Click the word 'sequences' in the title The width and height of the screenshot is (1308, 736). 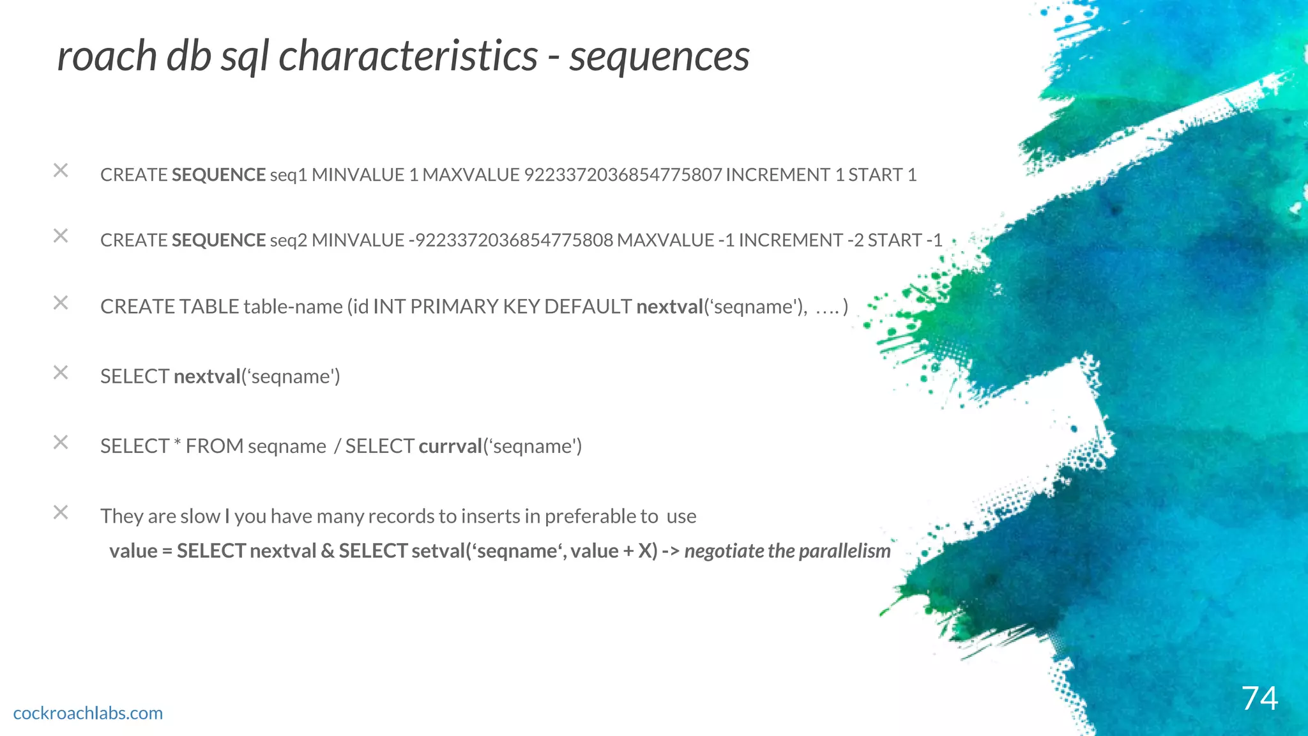point(659,56)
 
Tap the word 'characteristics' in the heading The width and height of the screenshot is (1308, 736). point(408,56)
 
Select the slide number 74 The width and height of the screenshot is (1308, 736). point(1259,698)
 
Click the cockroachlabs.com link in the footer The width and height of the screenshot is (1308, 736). point(88,713)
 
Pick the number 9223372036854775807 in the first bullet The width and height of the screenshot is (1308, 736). point(623,175)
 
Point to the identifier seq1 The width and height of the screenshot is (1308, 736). point(289,175)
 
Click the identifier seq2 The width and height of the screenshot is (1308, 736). point(289,240)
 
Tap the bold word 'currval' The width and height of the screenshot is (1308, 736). point(450,446)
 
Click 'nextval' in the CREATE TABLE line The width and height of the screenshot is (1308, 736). point(669,307)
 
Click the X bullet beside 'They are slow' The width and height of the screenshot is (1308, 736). point(61,512)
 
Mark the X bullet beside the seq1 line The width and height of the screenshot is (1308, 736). point(61,171)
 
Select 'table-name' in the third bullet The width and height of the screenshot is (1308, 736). point(293,307)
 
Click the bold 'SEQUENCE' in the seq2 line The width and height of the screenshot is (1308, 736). point(218,240)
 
